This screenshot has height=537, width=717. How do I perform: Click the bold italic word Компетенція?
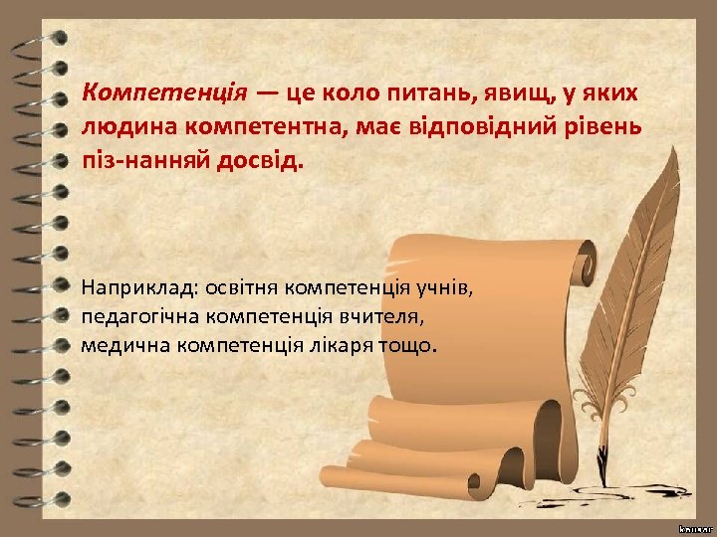[x=164, y=93]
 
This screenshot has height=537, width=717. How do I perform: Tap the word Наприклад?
[x=139, y=288]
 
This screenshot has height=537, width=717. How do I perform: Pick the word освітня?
[x=241, y=288]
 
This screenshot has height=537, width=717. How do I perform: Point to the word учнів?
[x=450, y=288]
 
